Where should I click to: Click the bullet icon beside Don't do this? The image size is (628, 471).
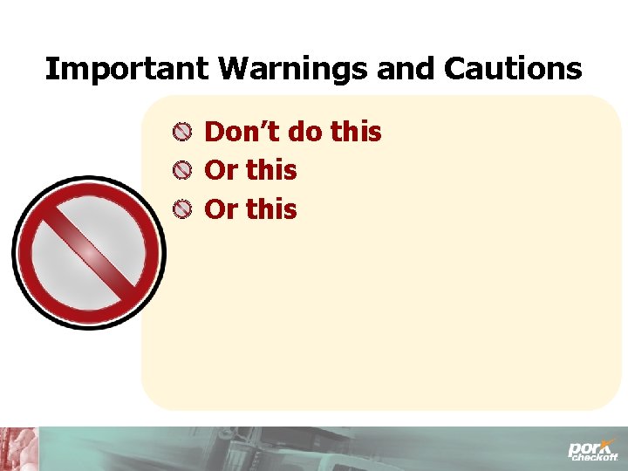point(181,133)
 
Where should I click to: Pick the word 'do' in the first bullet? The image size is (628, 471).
point(305,133)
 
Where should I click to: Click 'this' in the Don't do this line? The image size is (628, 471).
point(357,133)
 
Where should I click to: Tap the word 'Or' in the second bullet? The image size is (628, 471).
point(221,171)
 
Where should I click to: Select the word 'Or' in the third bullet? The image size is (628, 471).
point(221,209)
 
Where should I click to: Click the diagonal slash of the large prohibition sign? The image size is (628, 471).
point(87,252)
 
